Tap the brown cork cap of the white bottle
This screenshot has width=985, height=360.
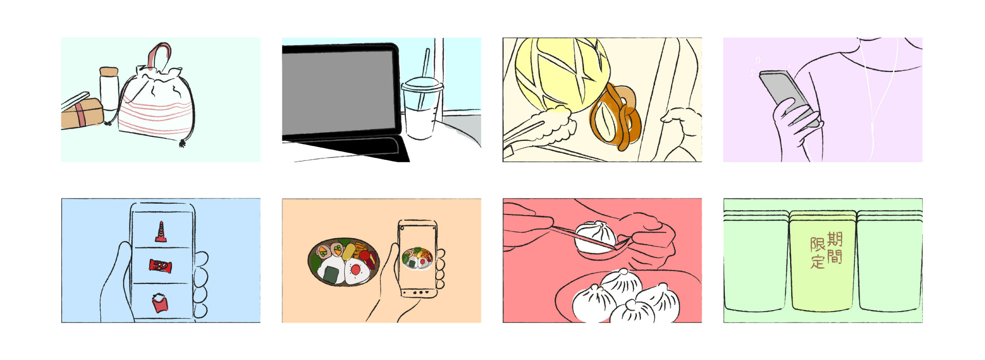point(109,71)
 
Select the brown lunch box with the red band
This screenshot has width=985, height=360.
point(82,114)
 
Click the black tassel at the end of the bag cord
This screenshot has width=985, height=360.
point(182,143)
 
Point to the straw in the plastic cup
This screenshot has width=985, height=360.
point(424,77)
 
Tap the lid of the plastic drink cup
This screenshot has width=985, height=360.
point(422,85)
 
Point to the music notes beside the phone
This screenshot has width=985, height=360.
point(755,66)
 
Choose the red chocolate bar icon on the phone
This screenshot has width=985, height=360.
point(160,266)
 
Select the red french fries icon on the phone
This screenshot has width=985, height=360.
point(160,302)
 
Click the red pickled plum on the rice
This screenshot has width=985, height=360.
point(355,269)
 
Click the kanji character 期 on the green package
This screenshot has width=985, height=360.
point(834,239)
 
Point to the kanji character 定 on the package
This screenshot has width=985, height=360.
point(818,261)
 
